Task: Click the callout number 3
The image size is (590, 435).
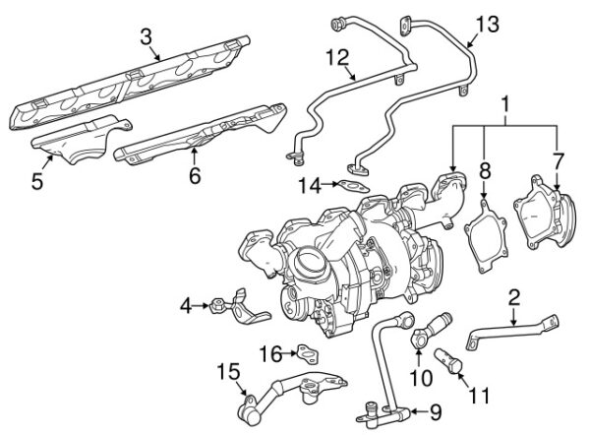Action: (146, 38)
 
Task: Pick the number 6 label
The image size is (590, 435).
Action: (195, 176)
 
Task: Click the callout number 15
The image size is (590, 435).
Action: (227, 372)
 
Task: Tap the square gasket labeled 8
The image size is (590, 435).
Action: (482, 232)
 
